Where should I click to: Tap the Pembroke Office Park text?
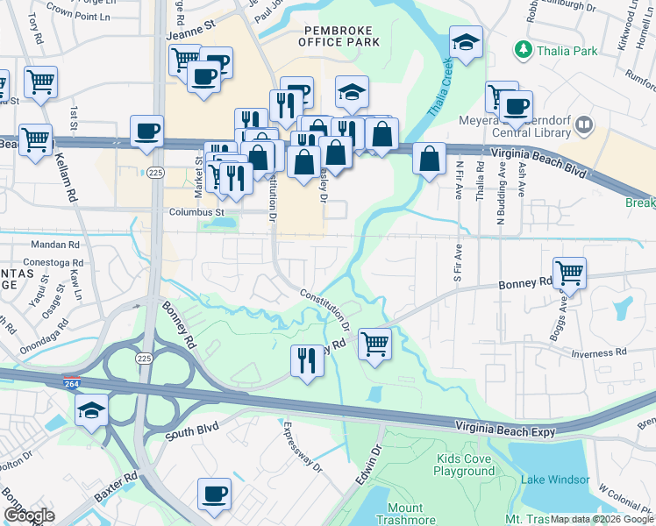coord(339,35)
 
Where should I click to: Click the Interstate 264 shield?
coord(72,383)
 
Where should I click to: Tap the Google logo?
coord(29,515)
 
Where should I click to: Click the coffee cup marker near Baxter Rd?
coord(214,494)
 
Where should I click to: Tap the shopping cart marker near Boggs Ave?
coord(569,273)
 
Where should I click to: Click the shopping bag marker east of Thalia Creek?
coord(428,160)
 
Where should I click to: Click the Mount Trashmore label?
coord(404,514)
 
